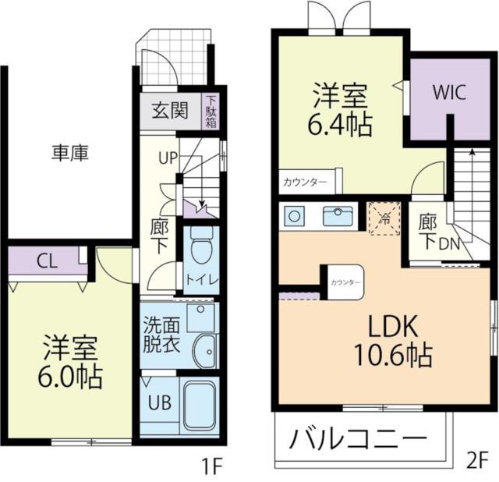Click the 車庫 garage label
coord(70,153)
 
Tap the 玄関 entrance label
coord(170,110)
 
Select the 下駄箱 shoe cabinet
coord(211,112)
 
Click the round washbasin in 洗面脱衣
coord(206,351)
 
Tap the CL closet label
coord(47,262)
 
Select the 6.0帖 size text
coord(70,377)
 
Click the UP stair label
coord(168,158)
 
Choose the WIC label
coord(449,92)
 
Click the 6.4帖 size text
coord(340,125)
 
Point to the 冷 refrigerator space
coord(384,218)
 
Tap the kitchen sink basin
coord(338,217)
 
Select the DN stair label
coord(449,244)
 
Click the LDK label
coord(392,327)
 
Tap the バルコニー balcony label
coord(359,438)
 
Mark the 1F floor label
coord(212,466)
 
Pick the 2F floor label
coord(477,461)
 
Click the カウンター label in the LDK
coord(345,282)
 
